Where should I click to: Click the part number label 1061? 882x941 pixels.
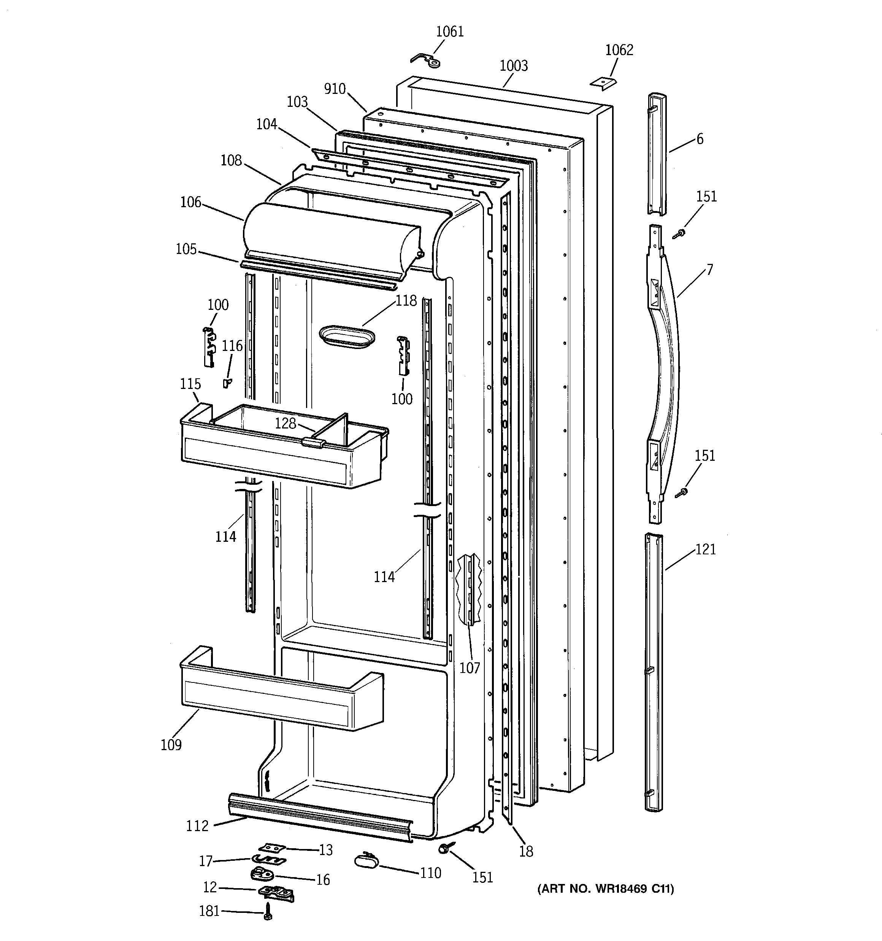click(449, 32)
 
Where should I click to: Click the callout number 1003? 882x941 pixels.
click(514, 66)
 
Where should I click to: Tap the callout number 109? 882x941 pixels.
click(171, 744)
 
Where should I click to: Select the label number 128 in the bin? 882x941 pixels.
click(286, 423)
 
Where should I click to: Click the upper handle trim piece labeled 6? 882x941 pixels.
click(657, 154)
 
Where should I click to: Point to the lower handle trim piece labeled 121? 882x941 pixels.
click(654, 672)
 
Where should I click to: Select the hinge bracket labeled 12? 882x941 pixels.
click(276, 893)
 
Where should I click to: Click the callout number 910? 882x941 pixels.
click(335, 89)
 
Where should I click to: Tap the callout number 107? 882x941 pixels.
click(470, 668)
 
